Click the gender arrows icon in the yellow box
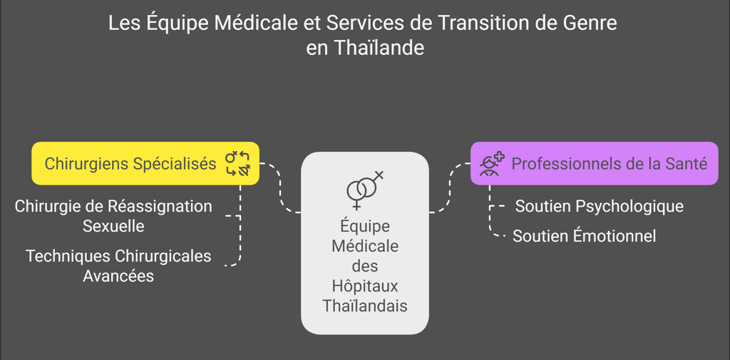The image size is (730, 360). (x=238, y=163)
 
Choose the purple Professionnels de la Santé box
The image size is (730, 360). (x=594, y=163)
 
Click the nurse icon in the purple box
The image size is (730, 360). (x=491, y=163)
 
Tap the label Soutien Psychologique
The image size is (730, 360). (x=599, y=206)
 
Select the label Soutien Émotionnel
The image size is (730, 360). (x=584, y=236)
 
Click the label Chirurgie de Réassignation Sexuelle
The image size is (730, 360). (x=113, y=216)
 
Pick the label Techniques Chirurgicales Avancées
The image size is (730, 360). (x=118, y=265)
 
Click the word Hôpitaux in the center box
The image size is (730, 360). (x=365, y=286)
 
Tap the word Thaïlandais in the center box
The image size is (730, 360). (x=365, y=306)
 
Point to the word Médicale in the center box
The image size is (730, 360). (x=365, y=246)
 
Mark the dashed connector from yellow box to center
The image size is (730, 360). (x=280, y=189)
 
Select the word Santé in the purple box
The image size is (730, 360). (x=686, y=163)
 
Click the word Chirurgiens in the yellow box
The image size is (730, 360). (x=88, y=163)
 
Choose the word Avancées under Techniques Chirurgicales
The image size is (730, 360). (x=118, y=275)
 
